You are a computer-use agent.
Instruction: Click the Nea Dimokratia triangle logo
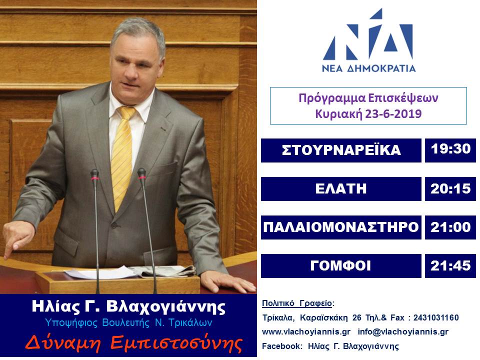click(368, 34)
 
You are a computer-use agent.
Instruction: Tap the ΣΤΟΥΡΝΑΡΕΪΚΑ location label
click(341, 150)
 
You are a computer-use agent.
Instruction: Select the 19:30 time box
click(450, 150)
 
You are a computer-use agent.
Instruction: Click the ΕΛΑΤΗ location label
click(341, 189)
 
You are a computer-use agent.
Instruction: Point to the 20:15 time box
click(450, 189)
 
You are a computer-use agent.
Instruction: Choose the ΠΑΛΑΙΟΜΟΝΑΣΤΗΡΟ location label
click(341, 227)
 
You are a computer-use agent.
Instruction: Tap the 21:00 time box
click(450, 227)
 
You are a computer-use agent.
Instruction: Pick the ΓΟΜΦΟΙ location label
click(341, 266)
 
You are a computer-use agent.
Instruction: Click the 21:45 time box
click(450, 266)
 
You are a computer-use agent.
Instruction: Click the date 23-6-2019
click(393, 114)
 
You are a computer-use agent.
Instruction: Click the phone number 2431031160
click(436, 318)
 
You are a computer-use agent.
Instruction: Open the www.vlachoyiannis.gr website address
click(306, 332)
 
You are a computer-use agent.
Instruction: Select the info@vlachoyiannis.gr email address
click(403, 332)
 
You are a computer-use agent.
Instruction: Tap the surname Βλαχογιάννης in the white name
click(166, 307)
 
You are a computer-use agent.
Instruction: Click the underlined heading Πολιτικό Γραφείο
click(297, 303)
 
